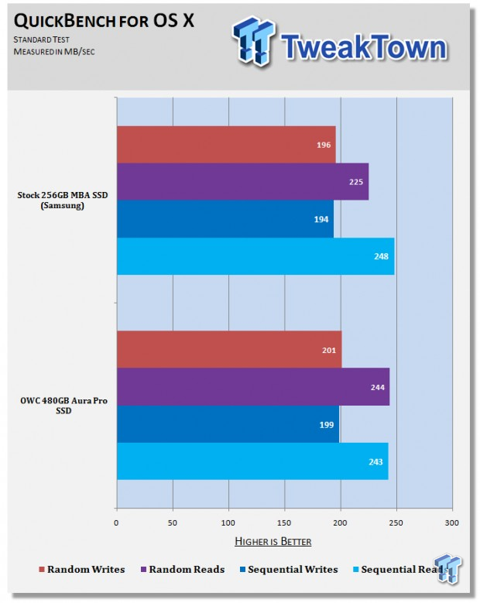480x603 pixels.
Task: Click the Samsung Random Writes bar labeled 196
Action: tap(226, 145)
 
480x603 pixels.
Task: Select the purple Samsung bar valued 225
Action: tap(242, 181)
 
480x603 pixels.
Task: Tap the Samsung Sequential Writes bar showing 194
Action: tap(225, 219)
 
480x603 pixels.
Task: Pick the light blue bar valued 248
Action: tap(255, 256)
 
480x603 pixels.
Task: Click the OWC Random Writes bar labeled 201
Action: tap(229, 350)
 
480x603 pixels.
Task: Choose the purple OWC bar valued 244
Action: tap(253, 387)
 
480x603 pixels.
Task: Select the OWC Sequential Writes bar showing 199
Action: tap(228, 424)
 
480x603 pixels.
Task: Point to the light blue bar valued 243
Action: tap(252, 461)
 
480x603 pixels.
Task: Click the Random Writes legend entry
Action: tap(82, 569)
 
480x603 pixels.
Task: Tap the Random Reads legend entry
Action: tap(183, 569)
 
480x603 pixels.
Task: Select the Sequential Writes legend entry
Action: tap(289, 569)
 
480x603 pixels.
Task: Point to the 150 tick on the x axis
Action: tap(284, 523)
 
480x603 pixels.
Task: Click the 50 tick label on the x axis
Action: tap(173, 523)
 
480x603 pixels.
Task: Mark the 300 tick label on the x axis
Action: tap(452, 523)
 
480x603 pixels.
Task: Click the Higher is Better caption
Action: tap(273, 542)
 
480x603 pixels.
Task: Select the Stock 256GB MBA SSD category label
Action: tap(62, 200)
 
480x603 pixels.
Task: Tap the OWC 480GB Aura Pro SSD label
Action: tap(63, 406)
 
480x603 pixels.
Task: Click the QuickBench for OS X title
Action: tap(104, 21)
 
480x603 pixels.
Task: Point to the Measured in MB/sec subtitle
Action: tap(54, 52)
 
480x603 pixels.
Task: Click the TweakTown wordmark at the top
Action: tap(363, 46)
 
